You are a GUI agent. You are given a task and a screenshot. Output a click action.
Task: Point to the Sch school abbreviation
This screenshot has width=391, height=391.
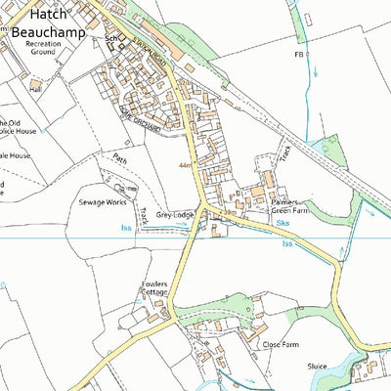(110, 40)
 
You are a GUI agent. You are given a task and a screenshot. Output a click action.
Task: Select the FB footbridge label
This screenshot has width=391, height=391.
(299, 56)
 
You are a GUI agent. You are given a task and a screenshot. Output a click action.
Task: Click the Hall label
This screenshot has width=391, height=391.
(35, 88)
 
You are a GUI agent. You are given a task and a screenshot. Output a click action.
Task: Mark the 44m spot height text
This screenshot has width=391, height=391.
(186, 166)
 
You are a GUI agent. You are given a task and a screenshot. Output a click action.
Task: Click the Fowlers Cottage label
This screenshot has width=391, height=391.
(154, 288)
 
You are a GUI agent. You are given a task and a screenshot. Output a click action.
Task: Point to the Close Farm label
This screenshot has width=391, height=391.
(280, 344)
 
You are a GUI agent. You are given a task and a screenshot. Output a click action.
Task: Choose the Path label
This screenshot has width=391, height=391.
(119, 156)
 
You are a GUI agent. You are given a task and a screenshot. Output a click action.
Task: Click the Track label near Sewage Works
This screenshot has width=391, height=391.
(144, 216)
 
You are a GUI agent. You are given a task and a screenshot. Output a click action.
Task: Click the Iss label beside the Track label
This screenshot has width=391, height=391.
(125, 226)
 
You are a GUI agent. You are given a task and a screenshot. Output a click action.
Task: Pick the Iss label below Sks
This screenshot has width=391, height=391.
(287, 243)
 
